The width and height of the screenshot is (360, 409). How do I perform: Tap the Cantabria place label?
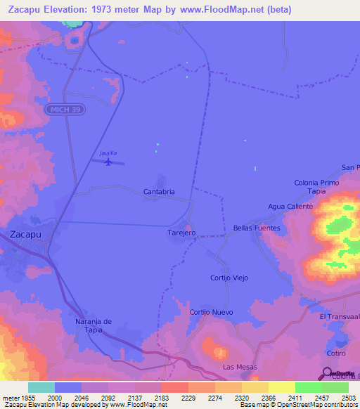[159, 191]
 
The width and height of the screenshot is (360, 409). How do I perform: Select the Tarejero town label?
[181, 232]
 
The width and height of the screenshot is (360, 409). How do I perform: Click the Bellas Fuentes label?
[257, 228]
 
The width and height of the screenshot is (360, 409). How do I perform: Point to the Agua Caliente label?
[290, 207]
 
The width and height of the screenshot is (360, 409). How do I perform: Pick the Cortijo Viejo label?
[229, 278]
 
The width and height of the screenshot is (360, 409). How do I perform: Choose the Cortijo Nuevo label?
[211, 312]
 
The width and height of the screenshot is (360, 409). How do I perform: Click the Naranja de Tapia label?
[94, 325]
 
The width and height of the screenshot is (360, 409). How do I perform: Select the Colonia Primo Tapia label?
[316, 187]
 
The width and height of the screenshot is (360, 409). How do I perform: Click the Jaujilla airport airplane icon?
[108, 162]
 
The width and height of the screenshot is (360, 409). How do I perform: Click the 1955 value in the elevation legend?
[19, 397]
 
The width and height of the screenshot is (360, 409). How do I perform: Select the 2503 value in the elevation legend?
[339, 397]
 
